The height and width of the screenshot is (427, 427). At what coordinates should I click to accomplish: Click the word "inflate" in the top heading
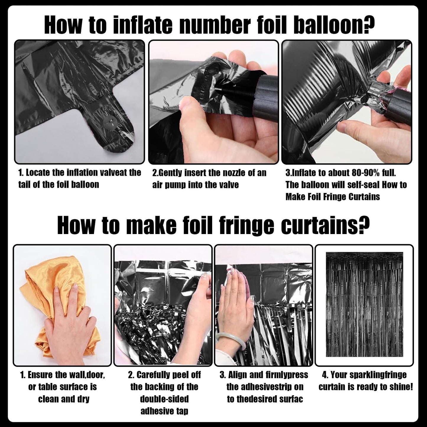click(x=143, y=25)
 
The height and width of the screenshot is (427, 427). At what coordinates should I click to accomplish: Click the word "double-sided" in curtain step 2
click(x=164, y=405)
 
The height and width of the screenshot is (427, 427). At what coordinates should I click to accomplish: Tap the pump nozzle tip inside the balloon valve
click(x=218, y=89)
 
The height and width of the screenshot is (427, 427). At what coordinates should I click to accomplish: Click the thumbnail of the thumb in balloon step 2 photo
click(x=186, y=104)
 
